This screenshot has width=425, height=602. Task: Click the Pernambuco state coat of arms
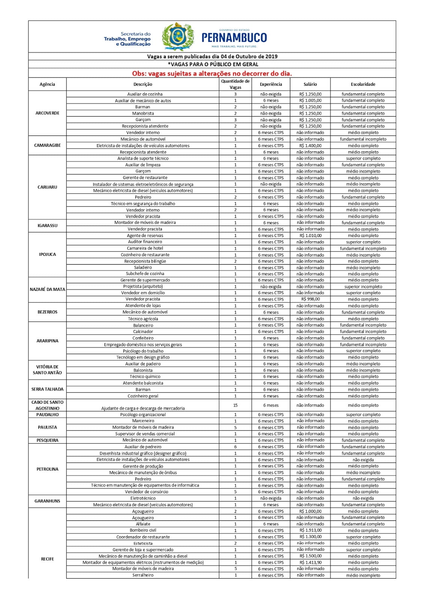[x=178, y=36]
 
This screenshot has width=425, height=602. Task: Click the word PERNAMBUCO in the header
[x=234, y=38]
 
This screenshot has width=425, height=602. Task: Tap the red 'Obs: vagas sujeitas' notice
[x=212, y=73]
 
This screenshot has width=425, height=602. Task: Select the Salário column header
[x=310, y=84]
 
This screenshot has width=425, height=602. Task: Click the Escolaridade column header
[x=363, y=84]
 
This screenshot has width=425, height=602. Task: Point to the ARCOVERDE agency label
[x=47, y=113]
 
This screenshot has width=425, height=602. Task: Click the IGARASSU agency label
[x=47, y=226]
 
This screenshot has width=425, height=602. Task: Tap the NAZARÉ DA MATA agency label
[x=47, y=289]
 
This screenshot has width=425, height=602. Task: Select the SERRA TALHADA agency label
[x=47, y=389]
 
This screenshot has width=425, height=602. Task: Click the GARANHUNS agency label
[x=47, y=501]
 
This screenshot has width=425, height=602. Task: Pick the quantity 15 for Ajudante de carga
[x=235, y=405]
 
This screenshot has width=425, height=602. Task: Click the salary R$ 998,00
[x=310, y=299]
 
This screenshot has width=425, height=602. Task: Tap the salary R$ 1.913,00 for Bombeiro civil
[x=310, y=531]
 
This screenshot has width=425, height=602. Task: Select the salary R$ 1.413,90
[x=310, y=562]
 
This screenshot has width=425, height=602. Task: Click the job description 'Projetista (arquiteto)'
[x=143, y=287]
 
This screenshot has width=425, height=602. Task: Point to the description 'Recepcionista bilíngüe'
[x=145, y=261]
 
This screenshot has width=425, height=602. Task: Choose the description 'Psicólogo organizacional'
[x=143, y=415]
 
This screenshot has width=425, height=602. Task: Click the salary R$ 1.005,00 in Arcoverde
[x=310, y=100]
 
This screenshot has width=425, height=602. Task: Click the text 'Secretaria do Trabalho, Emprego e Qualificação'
[x=128, y=39]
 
